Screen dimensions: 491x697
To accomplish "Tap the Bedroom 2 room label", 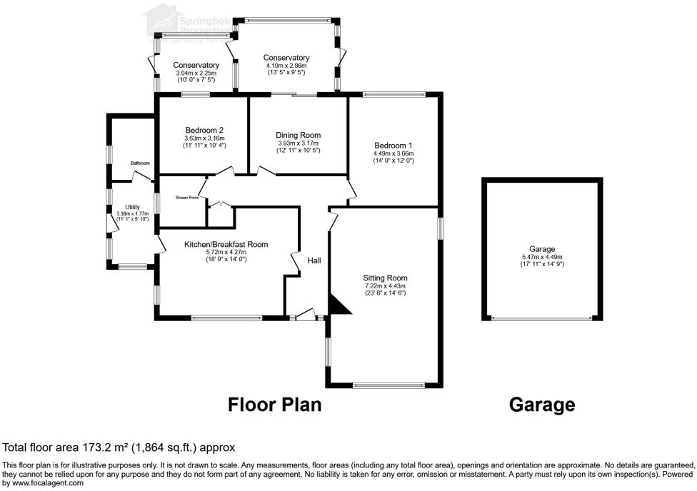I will pos(204,130).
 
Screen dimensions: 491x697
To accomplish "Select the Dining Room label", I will pos(298,135).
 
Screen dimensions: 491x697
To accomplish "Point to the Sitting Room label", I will pos(385,278).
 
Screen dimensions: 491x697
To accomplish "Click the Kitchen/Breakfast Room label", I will pos(226,244).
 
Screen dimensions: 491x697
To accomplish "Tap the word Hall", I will pos(314,261).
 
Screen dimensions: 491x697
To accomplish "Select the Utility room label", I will pos(132,207).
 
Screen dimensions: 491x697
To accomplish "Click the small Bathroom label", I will pos(140,163).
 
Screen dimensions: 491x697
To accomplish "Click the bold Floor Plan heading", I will pos(274,405).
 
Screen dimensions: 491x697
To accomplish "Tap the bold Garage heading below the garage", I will pos(541,405).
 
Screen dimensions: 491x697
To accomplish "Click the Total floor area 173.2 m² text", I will pos(119,448).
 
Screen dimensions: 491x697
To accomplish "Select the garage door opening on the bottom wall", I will pos(542,319).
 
